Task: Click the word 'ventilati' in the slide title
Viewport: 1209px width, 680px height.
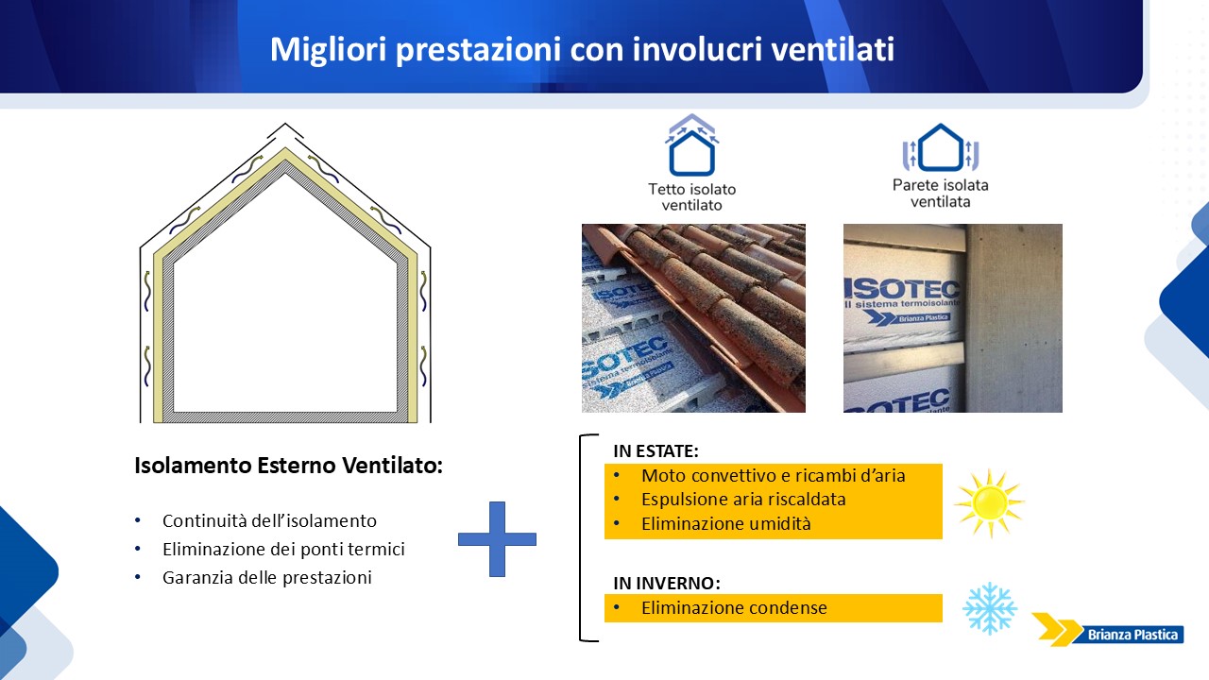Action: [x=832, y=49]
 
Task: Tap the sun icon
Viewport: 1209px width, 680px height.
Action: [x=989, y=503]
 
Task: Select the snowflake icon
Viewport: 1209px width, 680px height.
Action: [x=990, y=607]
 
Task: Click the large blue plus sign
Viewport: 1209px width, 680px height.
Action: [x=497, y=538]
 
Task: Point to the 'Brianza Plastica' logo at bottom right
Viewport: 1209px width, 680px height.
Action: [x=1108, y=629]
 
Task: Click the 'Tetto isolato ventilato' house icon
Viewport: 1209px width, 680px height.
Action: [x=692, y=144]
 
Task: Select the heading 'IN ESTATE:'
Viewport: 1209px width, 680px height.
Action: [x=656, y=451]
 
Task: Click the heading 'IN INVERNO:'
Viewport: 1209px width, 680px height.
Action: [x=667, y=583]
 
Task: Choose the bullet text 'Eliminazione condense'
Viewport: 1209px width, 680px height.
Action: [x=734, y=607]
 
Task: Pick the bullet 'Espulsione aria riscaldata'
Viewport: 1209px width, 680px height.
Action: [x=743, y=500]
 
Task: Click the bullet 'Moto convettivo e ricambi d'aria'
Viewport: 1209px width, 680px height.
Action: [x=773, y=475]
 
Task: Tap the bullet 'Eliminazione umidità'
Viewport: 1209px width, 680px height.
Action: [x=726, y=523]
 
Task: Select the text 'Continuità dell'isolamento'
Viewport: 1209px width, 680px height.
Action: [x=269, y=520]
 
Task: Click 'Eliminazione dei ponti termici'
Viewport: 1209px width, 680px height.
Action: [x=283, y=550]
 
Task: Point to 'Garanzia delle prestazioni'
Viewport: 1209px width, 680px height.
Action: [x=267, y=577]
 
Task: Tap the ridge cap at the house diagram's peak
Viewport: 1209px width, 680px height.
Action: [x=285, y=129]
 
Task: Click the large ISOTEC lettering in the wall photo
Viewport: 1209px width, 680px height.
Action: [x=902, y=289]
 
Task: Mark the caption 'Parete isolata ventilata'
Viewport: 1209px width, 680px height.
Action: [x=940, y=194]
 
